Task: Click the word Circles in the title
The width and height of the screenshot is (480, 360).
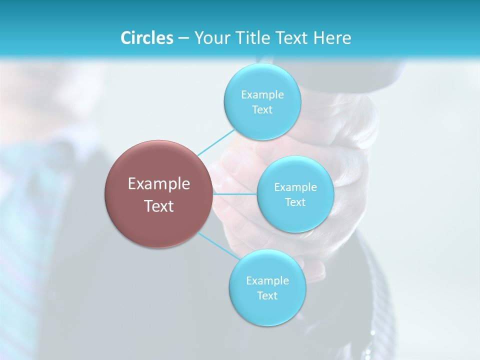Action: click(146, 37)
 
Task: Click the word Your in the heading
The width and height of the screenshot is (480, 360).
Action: click(211, 37)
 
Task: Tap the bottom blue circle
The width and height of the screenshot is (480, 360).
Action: click(267, 310)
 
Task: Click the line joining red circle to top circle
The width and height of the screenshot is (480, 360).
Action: click(215, 143)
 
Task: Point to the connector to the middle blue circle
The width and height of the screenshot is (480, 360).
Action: click(235, 193)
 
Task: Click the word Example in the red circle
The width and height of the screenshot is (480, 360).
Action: click(158, 184)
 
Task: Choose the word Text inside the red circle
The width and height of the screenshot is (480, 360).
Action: click(158, 206)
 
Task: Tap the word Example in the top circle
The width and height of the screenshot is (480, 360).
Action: click(262, 94)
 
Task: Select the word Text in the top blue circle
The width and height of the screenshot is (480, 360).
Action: click(262, 109)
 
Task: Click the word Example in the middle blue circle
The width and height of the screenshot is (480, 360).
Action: click(295, 187)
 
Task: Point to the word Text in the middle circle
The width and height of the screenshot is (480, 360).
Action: click(295, 202)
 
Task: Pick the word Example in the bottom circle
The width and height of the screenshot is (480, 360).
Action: click(267, 280)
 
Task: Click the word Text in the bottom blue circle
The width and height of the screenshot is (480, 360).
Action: click(267, 295)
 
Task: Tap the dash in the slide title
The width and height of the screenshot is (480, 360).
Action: click(183, 38)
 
